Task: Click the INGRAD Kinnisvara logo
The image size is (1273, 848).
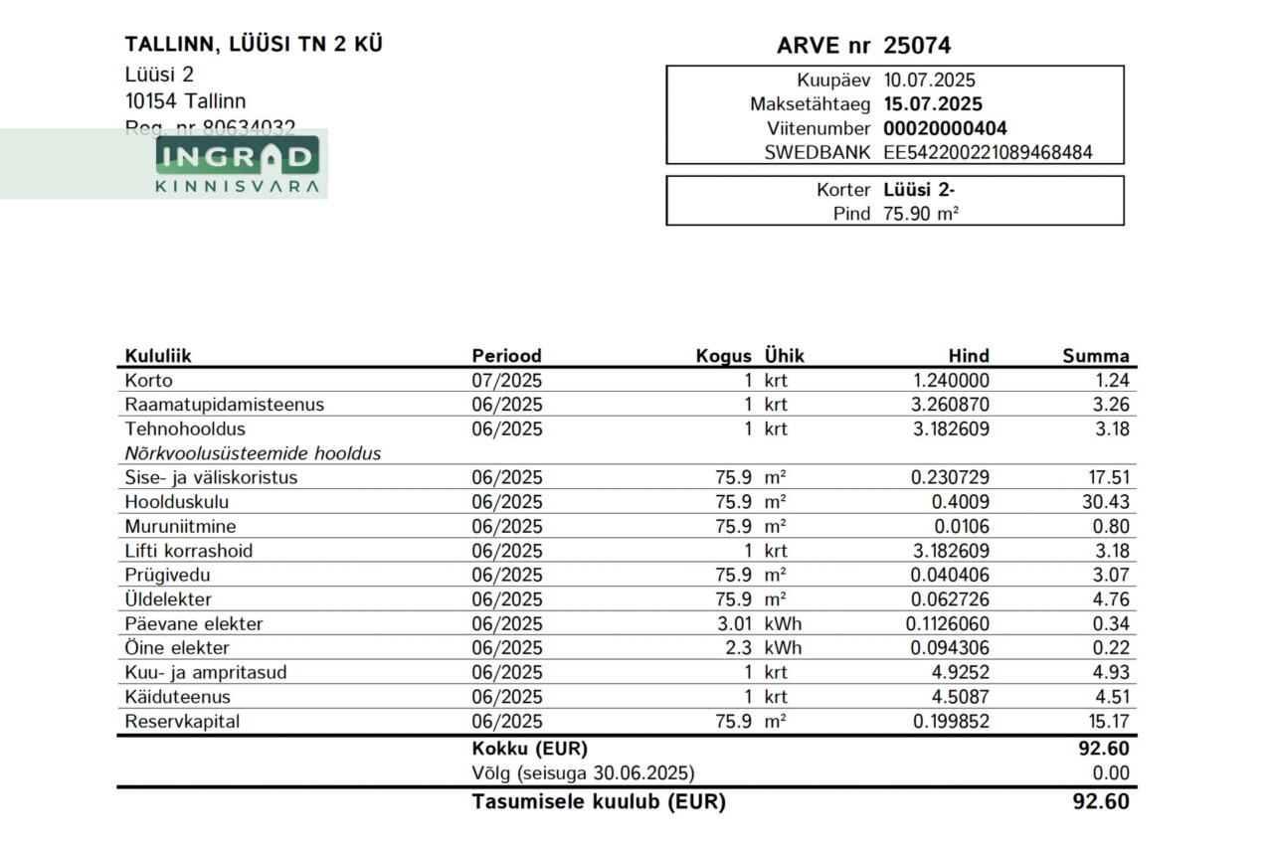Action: point(238,165)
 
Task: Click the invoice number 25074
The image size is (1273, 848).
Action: point(917,46)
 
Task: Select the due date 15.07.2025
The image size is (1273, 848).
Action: point(932,104)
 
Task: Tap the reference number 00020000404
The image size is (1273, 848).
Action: point(945,128)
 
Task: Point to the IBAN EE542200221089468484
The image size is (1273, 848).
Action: point(989,152)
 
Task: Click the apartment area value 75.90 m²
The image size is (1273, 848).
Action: point(921,213)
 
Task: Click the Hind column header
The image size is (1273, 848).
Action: point(968,356)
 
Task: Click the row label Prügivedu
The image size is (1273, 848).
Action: point(168,575)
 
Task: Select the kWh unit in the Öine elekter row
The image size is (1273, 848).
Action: point(783,648)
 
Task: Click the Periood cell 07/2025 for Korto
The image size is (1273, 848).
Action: point(506,381)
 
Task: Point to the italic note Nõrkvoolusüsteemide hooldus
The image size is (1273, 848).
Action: point(253,453)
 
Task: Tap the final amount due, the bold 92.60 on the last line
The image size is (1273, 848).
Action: point(1101,801)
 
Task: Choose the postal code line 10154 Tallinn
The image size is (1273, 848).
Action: point(185,100)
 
